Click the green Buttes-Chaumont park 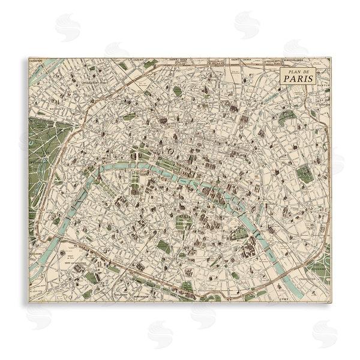[x=286, y=117]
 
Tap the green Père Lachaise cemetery [x=304, y=173]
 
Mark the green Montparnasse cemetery [x=163, y=246]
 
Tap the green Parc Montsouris [x=187, y=287]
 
